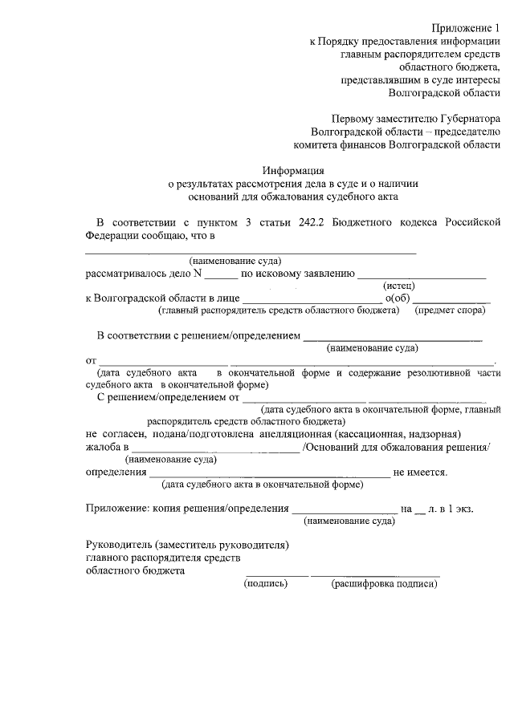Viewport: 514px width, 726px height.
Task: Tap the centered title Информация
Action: [x=293, y=169]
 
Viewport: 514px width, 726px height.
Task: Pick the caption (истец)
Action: [x=398, y=286]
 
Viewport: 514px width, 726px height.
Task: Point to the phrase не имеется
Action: [x=420, y=473]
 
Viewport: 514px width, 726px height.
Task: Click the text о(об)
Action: [x=397, y=298]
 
